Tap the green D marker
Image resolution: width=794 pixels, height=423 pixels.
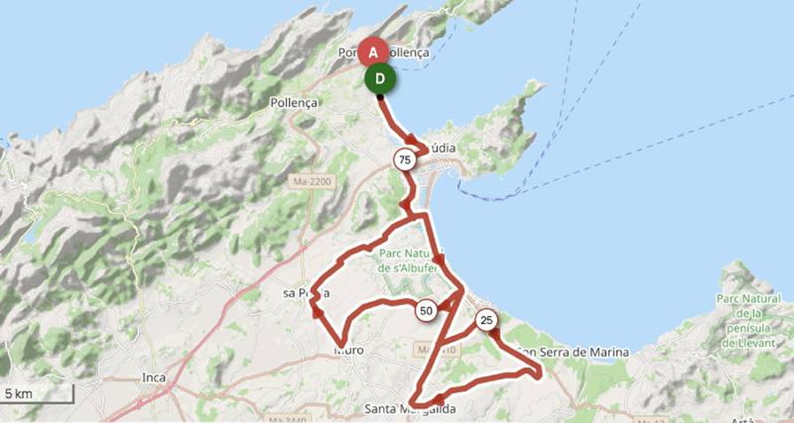tap(380, 79)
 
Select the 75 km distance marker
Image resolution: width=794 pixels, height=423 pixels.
tap(405, 160)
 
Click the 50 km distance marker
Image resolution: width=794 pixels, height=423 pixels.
tap(426, 311)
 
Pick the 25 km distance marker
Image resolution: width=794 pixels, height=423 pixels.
tap(486, 320)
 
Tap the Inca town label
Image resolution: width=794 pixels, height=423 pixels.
tap(154, 378)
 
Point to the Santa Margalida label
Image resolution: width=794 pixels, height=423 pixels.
tap(410, 410)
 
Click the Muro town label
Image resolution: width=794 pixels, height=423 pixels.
tap(349, 350)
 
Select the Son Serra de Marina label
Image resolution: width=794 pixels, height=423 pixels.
tap(574, 352)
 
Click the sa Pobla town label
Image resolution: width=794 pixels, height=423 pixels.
tap(305, 293)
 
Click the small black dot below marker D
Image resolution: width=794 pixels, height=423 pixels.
tap(381, 97)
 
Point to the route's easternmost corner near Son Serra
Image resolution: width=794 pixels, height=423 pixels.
tap(540, 374)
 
